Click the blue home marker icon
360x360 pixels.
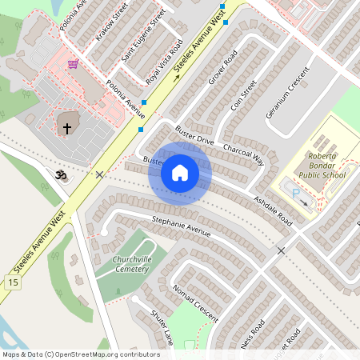click(x=180, y=173)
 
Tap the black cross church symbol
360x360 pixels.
click(x=67, y=127)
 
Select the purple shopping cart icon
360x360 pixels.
click(x=73, y=64)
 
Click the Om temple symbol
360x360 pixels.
click(x=58, y=174)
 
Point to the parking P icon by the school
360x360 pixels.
click(x=294, y=193)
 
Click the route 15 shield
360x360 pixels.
click(x=12, y=282)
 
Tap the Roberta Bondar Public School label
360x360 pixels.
click(x=322, y=165)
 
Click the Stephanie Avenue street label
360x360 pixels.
click(x=181, y=226)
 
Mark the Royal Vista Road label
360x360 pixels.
click(x=165, y=61)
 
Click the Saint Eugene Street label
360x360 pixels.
click(x=142, y=36)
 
